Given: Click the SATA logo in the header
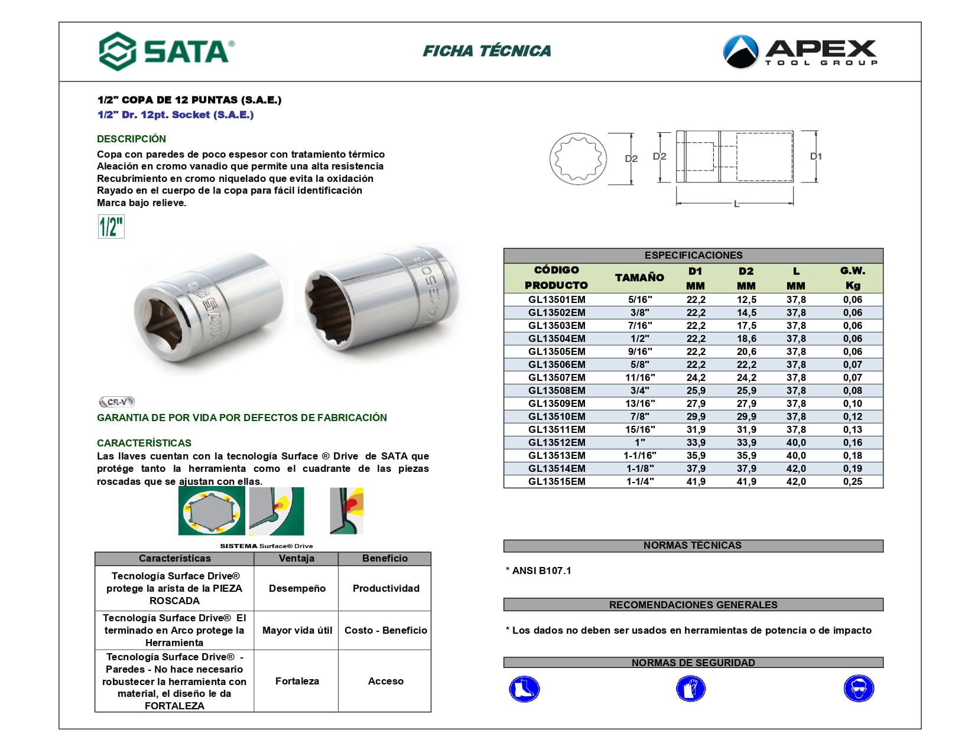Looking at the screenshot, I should [x=167, y=51].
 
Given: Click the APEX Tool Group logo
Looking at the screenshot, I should [x=800, y=52].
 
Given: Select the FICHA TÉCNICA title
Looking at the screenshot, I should [x=487, y=51].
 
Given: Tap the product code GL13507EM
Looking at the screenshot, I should [x=557, y=377].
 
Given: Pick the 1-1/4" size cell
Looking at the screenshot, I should [x=640, y=481].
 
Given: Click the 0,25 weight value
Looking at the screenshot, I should [x=852, y=481].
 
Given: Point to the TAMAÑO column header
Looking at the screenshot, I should [x=639, y=278].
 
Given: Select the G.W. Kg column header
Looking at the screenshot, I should [x=852, y=278].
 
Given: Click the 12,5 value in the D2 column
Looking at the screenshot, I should [x=746, y=299].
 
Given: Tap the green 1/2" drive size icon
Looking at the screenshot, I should [x=111, y=227].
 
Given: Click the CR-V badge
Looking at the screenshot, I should [x=117, y=402].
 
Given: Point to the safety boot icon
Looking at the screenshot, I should [x=524, y=689].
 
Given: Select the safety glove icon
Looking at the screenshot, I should [x=691, y=689].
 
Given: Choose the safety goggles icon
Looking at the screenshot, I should [x=859, y=689].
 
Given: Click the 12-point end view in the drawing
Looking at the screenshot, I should [x=578, y=158].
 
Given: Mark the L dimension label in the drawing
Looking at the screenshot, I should [x=736, y=204].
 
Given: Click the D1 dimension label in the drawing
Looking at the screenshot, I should [x=815, y=157].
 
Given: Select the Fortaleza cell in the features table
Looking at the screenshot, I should [x=297, y=681].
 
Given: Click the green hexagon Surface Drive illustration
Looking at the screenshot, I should [x=212, y=511].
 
